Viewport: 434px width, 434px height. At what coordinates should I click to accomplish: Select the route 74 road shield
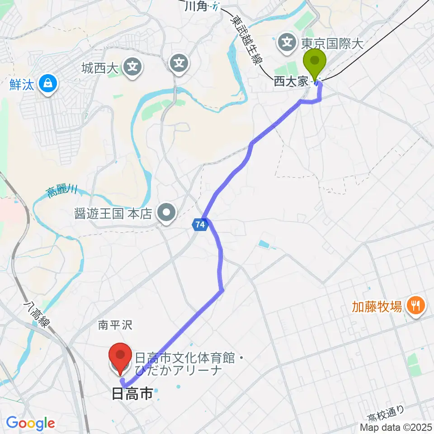tap(201, 224)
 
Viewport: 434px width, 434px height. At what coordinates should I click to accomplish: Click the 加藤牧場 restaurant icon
tap(414, 306)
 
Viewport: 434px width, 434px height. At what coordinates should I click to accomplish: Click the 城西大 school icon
tap(132, 68)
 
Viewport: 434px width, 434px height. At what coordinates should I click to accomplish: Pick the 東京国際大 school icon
tap(287, 43)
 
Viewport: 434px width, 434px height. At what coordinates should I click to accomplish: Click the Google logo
tap(30, 423)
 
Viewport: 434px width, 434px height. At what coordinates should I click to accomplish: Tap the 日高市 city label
tap(132, 394)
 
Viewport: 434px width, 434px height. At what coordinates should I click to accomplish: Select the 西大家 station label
tap(290, 81)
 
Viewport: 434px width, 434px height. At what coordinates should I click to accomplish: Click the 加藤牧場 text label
tap(377, 307)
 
